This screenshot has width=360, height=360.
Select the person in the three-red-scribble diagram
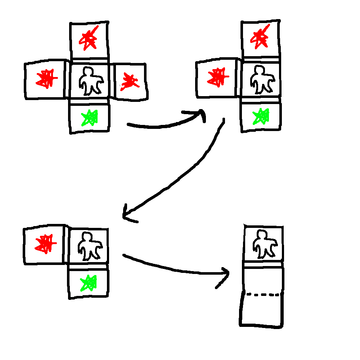click(90, 81)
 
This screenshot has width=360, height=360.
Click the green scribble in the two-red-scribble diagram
click(261, 116)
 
